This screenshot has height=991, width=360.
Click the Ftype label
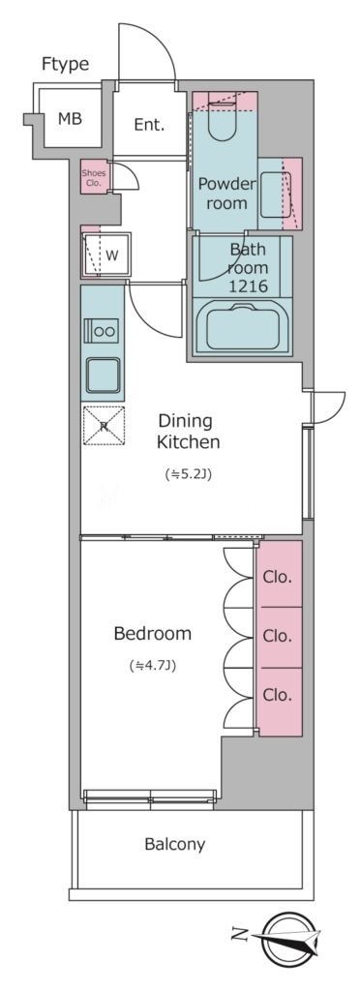[x=65, y=65]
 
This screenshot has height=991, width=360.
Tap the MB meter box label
[x=70, y=118]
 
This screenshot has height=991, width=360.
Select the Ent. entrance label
[x=149, y=125]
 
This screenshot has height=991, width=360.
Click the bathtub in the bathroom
[x=243, y=327]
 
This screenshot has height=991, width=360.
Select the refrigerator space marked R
[x=104, y=426]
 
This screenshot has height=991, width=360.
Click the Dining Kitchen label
[x=188, y=431]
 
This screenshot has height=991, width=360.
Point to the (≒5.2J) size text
[x=188, y=474]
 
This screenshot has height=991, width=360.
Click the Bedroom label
[x=152, y=633]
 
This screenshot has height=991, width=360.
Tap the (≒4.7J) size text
[x=152, y=665]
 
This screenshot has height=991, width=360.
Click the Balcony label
[x=175, y=844]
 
